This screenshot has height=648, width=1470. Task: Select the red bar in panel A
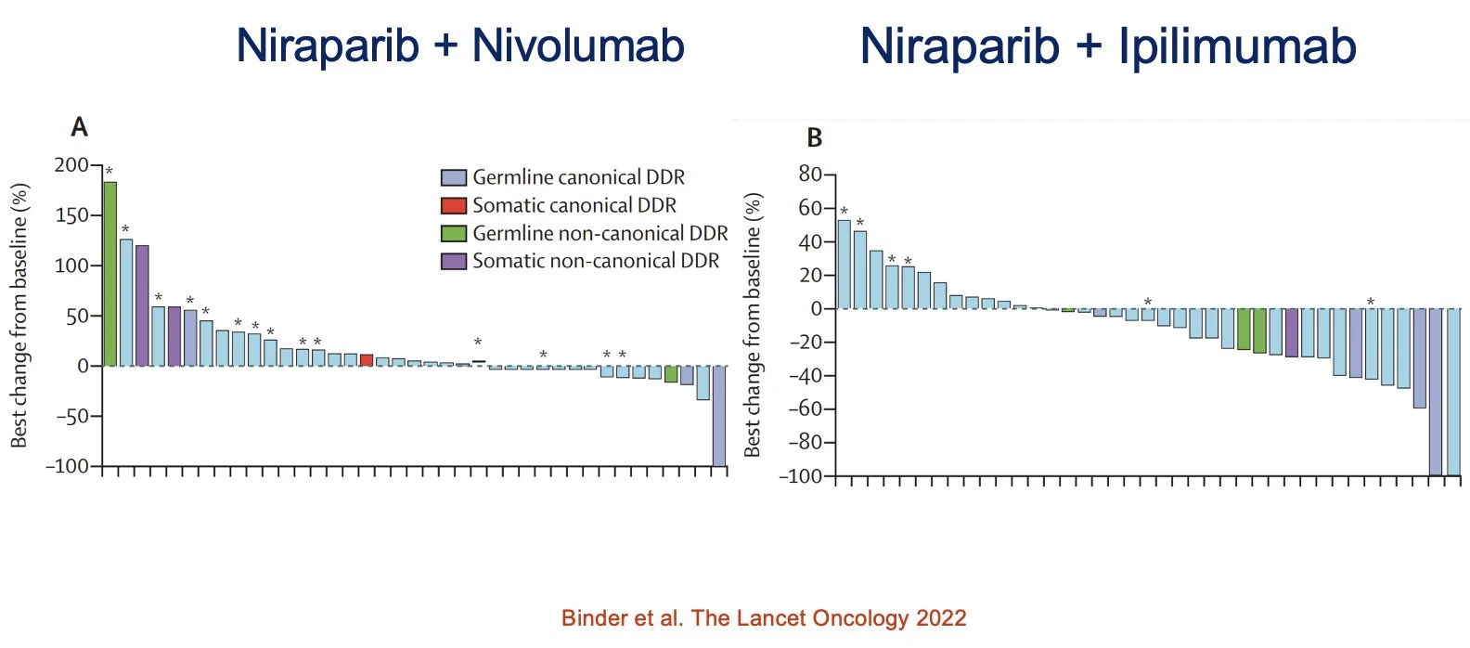[x=367, y=360]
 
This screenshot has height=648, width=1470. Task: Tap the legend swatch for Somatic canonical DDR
[x=453, y=205]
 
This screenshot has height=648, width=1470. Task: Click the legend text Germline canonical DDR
[x=578, y=177]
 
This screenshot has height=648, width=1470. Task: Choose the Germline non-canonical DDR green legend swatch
[x=453, y=233]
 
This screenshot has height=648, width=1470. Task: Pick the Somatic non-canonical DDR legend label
[x=595, y=261]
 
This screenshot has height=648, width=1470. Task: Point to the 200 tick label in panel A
[x=71, y=165]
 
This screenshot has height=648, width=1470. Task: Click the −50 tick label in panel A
[x=71, y=416]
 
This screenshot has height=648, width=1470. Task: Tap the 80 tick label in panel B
[x=810, y=175]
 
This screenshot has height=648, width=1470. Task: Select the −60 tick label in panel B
[x=805, y=408]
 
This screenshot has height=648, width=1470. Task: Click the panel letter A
[x=80, y=127]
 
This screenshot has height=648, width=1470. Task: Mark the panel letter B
[x=814, y=138]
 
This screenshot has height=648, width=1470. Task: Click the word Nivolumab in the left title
[x=578, y=45]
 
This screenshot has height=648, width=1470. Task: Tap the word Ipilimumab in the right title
[x=1237, y=45]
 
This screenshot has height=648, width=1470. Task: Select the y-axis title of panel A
[x=19, y=316]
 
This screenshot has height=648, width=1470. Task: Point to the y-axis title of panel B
[x=753, y=325]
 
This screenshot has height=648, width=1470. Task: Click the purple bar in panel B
[x=1291, y=332]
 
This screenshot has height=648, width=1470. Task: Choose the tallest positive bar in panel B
[x=844, y=264]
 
